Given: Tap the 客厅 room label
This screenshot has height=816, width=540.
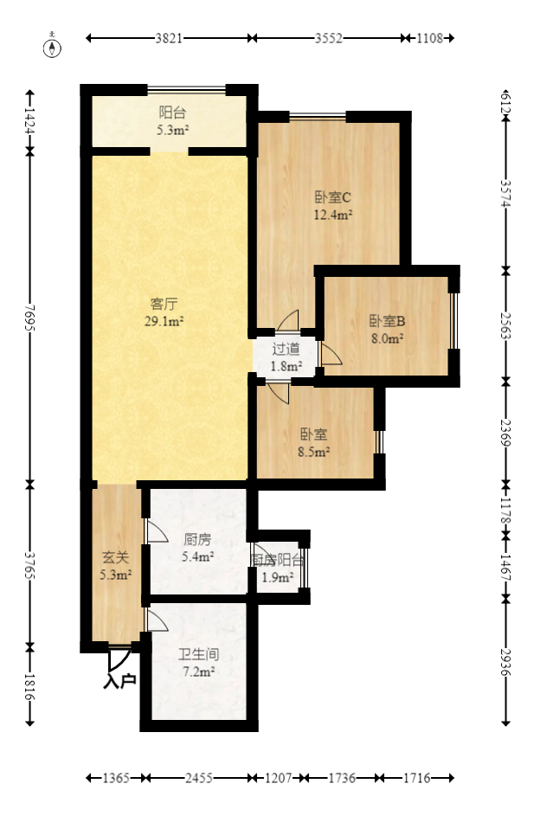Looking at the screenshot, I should point(164,304).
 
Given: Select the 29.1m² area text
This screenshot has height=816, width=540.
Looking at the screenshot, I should point(164,321).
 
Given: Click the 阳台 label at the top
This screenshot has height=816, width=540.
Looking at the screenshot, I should point(172,112).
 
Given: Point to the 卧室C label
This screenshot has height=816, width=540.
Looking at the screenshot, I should point(331,197).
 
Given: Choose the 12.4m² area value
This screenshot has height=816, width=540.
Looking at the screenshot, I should point(331,215).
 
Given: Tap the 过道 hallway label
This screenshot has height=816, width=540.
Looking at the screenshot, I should point(286,350).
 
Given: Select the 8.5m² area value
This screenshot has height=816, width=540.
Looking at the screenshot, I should point(313,451).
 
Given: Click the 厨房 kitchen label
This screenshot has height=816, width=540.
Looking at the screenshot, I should point(197,539).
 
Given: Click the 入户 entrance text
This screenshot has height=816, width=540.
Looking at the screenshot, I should point(120,682).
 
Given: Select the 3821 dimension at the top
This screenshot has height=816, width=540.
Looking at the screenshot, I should point(169,38).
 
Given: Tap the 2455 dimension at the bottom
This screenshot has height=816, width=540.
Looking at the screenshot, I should point(198,779).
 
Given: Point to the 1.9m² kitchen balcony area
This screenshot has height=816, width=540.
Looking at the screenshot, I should point(278,578).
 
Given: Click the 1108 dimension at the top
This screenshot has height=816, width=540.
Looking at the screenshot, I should point(429,38).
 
